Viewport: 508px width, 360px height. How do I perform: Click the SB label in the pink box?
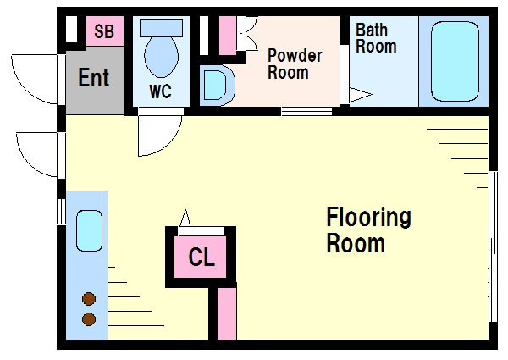(x=104, y=31)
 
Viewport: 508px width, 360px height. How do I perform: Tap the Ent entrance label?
(x=94, y=77)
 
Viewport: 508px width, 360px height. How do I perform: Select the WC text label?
(x=160, y=91)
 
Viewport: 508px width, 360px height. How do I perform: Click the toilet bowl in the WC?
(x=162, y=57)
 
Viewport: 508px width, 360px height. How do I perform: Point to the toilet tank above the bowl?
(x=162, y=28)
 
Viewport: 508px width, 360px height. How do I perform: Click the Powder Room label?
(x=295, y=64)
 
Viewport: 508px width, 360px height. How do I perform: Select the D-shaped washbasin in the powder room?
(x=217, y=86)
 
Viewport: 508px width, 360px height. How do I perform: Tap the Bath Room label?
(x=376, y=38)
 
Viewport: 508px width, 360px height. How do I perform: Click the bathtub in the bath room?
(x=455, y=62)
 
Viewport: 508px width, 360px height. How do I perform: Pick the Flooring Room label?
(x=368, y=230)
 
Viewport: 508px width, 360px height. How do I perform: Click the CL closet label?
(x=202, y=257)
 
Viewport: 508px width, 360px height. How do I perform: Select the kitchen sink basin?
(x=89, y=230)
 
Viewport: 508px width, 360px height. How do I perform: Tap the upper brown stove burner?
(x=89, y=299)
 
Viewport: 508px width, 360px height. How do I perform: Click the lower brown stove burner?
(x=89, y=319)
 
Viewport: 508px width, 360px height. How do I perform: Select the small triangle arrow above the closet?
(x=185, y=218)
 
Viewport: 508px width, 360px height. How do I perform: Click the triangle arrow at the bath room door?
(x=361, y=95)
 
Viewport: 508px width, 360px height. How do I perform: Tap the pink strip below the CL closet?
(x=227, y=313)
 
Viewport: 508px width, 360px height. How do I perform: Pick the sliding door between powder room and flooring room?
(x=306, y=111)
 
